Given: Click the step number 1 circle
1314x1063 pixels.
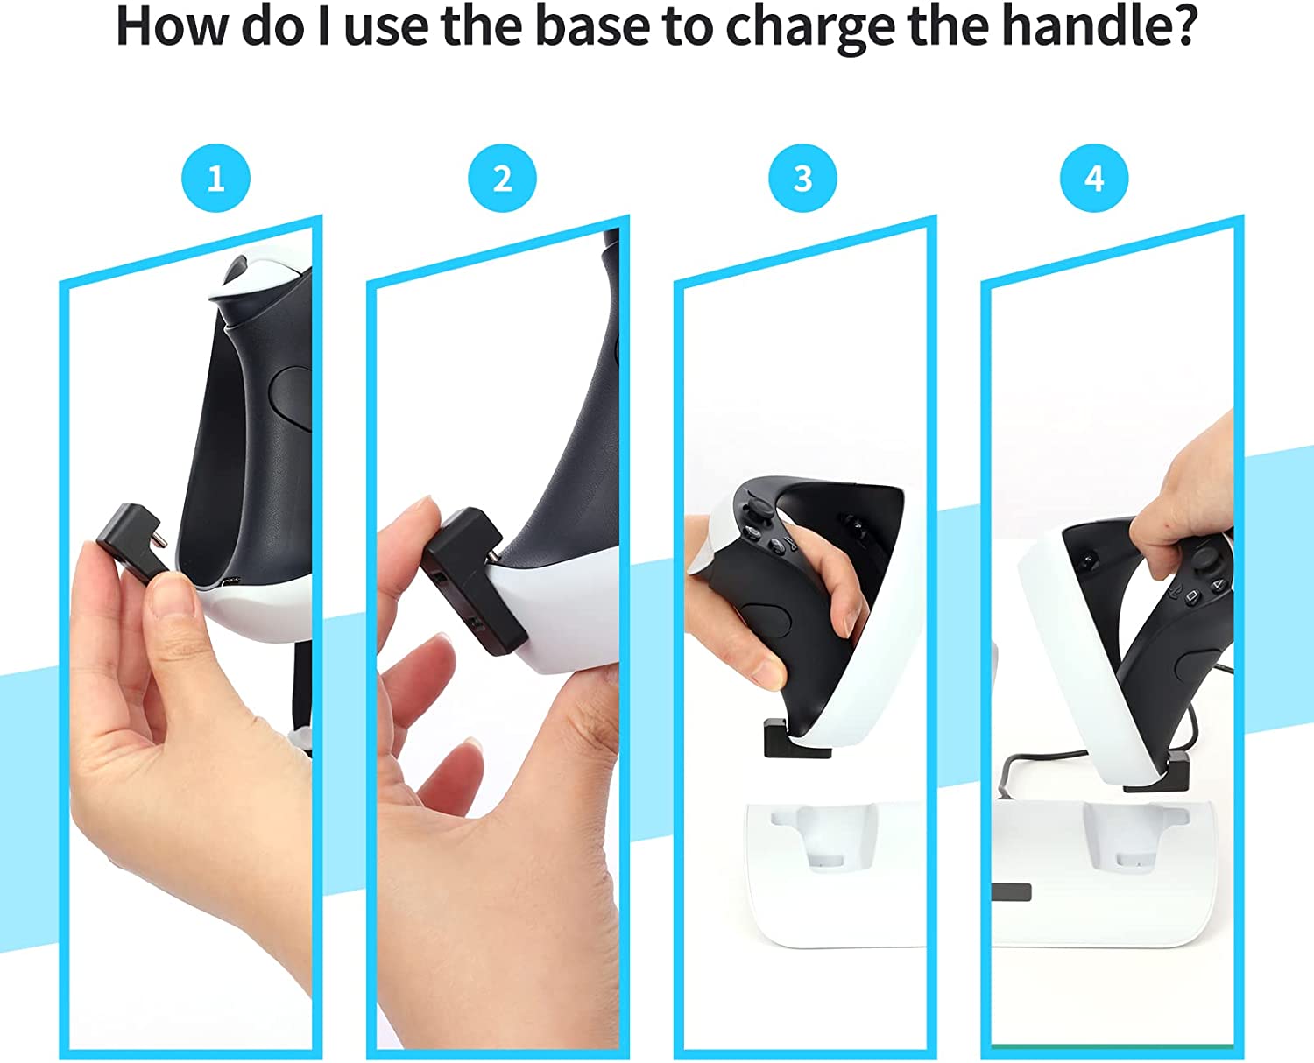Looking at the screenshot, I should pos(215,179).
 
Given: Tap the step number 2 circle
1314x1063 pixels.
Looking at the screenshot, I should pos(502,179).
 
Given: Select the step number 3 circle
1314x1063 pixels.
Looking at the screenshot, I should pos(802,179).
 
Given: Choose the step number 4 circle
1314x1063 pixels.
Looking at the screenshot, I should pos(1094,179).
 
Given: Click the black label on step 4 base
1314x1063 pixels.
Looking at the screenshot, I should pos(1012,892).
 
